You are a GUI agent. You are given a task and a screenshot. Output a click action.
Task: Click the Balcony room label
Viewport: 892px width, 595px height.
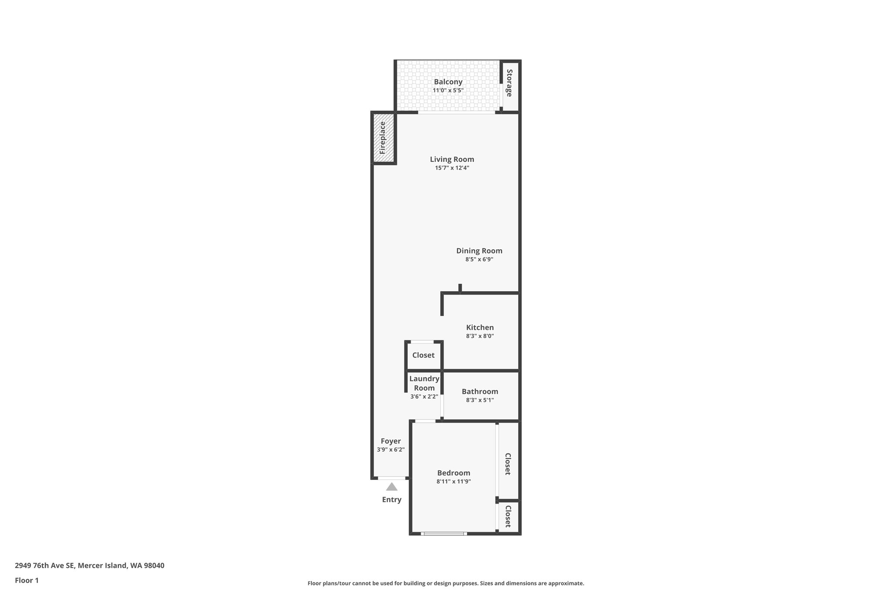pyautogui.click(x=448, y=82)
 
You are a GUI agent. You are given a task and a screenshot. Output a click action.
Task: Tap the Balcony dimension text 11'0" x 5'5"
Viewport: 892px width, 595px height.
pyautogui.click(x=448, y=91)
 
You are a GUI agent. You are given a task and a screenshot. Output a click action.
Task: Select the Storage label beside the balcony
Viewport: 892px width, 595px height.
pyautogui.click(x=509, y=83)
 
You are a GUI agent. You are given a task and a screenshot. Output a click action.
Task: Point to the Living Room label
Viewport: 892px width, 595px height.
pyautogui.click(x=452, y=160)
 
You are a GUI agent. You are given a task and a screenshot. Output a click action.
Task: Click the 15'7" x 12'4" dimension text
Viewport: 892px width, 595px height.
pyautogui.click(x=452, y=168)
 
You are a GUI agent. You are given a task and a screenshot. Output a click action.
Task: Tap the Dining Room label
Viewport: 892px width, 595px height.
pyautogui.click(x=479, y=251)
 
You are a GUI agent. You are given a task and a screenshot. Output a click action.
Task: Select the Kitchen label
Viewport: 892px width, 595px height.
pyautogui.click(x=480, y=328)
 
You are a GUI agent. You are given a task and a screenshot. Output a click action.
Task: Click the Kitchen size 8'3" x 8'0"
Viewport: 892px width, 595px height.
pyautogui.click(x=480, y=336)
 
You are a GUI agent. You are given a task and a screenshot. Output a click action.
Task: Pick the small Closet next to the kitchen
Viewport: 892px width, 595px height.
pyautogui.click(x=423, y=355)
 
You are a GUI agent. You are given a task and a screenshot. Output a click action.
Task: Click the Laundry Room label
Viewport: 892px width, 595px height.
pyautogui.click(x=424, y=383)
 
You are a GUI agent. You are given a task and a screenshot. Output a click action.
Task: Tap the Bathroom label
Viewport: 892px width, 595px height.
pyautogui.click(x=480, y=392)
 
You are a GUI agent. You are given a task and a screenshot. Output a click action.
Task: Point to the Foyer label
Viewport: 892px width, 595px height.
pyautogui.click(x=391, y=441)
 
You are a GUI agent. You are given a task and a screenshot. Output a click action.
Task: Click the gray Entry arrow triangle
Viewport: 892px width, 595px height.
pyautogui.click(x=392, y=487)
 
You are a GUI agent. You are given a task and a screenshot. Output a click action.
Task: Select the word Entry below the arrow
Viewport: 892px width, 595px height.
pyautogui.click(x=392, y=500)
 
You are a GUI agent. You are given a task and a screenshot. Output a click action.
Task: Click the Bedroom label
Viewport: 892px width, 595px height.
pyautogui.click(x=453, y=473)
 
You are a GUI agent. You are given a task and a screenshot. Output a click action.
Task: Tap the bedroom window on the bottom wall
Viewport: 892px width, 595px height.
pyautogui.click(x=444, y=533)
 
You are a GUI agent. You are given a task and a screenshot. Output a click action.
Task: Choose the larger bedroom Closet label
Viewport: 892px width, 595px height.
pyautogui.click(x=508, y=464)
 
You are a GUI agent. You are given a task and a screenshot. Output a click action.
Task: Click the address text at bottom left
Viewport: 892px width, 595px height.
pyautogui.click(x=89, y=565)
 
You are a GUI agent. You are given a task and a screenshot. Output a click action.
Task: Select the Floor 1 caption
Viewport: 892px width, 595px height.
pyautogui.click(x=27, y=580)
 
